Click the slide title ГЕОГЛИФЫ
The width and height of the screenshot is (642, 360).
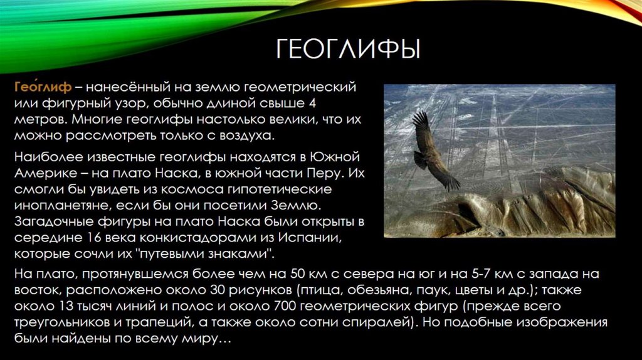click(348, 48)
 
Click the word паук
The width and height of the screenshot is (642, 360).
click(460, 290)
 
